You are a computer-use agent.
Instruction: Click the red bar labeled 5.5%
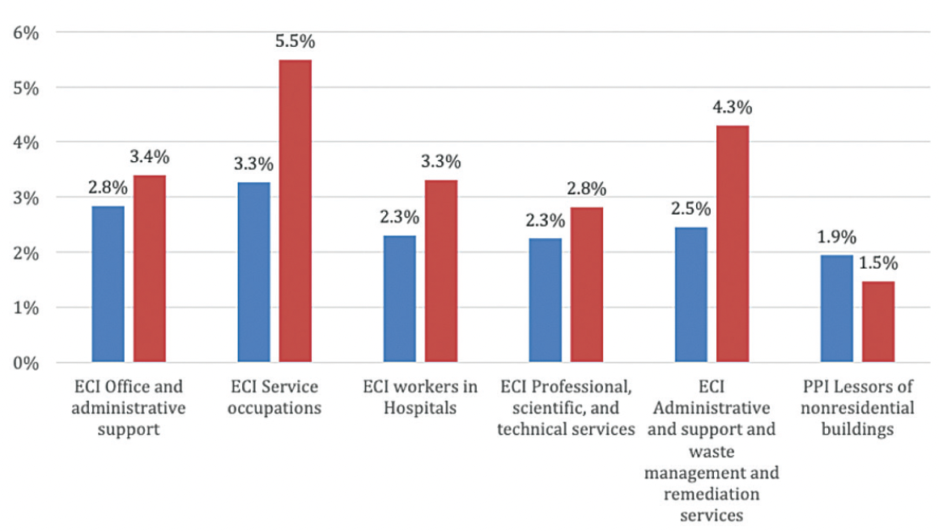pyautogui.click(x=295, y=210)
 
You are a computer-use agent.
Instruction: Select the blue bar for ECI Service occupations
pyautogui.click(x=253, y=272)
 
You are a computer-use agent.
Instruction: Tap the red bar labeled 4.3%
pyautogui.click(x=732, y=244)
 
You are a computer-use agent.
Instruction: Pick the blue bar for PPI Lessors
pyautogui.click(x=836, y=308)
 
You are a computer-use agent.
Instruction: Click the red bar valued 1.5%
pyautogui.click(x=878, y=321)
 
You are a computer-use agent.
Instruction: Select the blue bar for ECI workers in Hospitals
pyautogui.click(x=399, y=299)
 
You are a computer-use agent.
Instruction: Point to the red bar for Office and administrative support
pyautogui.click(x=150, y=269)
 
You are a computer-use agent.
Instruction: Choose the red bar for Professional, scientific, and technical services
pyautogui.click(x=586, y=285)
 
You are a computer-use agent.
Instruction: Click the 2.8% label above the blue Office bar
pyautogui.click(x=108, y=189)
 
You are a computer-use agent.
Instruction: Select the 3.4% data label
pyautogui.click(x=150, y=157)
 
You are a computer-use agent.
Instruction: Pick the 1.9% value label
pyautogui.click(x=836, y=237)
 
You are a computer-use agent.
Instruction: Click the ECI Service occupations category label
pyautogui.click(x=274, y=397)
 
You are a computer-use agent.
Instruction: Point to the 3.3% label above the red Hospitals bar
pyautogui.click(x=440, y=162)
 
